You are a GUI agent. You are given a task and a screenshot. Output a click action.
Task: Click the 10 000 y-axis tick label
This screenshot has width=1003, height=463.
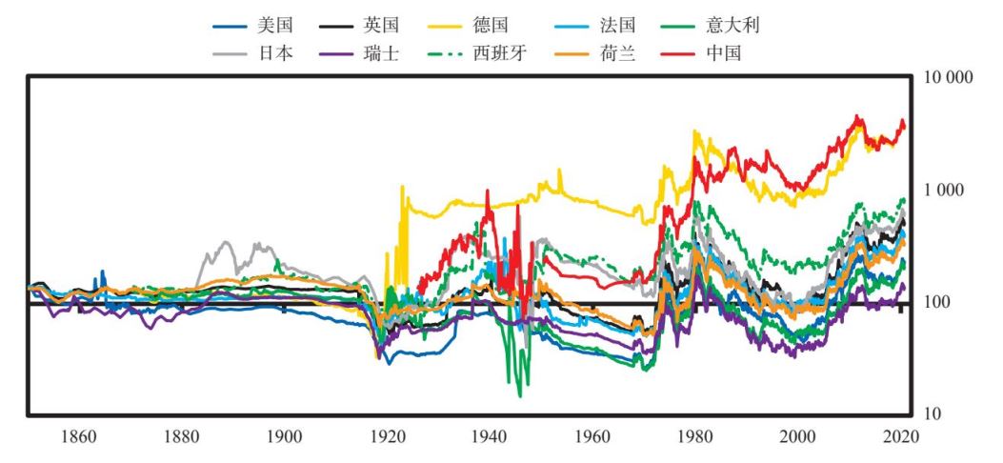pos(948,77)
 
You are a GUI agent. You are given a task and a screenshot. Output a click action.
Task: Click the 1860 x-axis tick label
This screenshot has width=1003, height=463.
pos(78,438)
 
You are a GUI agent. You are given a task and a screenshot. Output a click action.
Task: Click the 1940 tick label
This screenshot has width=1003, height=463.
pos(490,438)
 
